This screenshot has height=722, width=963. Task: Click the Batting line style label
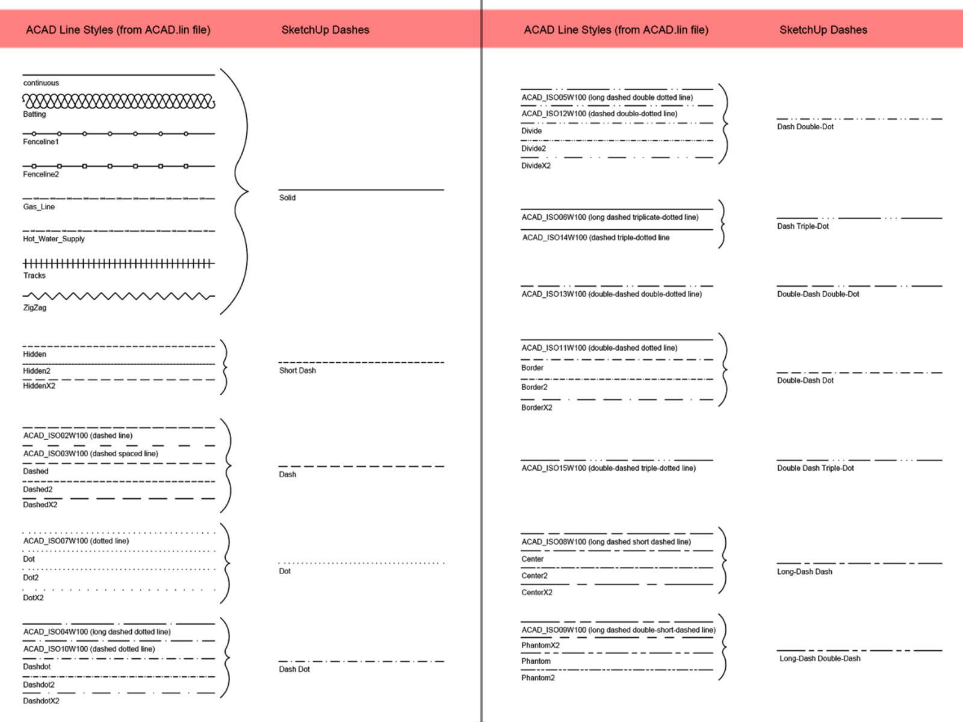(34, 114)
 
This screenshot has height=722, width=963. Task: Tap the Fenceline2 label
(41, 174)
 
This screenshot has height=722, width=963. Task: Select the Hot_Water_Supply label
(54, 239)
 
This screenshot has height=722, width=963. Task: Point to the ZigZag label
(35, 307)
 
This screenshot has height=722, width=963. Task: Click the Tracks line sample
(119, 264)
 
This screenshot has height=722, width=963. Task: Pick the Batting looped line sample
(119, 101)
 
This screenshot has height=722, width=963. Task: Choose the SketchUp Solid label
(287, 198)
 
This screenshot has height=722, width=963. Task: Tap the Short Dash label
(297, 371)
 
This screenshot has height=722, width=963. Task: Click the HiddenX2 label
(39, 386)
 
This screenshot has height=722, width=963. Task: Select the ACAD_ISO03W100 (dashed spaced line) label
(91, 453)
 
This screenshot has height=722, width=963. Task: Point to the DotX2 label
(33, 597)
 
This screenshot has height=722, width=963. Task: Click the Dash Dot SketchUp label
(294, 670)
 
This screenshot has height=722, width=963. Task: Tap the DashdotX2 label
(42, 700)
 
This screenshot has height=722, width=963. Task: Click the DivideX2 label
(536, 165)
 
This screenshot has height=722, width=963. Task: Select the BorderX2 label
(536, 408)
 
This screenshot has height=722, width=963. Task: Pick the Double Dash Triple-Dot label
(816, 468)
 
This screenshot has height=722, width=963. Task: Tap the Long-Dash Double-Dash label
(820, 658)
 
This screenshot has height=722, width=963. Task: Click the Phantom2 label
(538, 677)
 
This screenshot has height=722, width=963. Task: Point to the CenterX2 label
(536, 592)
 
